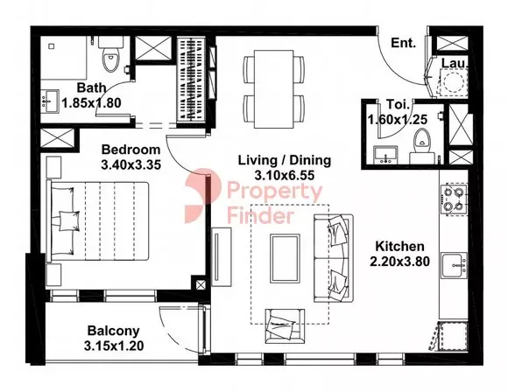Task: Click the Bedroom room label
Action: click(131, 150)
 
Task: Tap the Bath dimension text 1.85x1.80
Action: click(91, 103)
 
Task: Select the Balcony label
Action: click(113, 331)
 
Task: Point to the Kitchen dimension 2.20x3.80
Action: click(399, 262)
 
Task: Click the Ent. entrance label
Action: click(404, 43)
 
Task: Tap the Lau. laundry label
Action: click(455, 64)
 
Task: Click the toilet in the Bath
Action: click(111, 54)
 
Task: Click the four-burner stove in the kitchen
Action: click(454, 199)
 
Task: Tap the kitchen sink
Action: click(455, 266)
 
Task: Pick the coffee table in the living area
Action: click(285, 259)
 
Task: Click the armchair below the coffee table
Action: click(285, 326)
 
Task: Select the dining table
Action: click(274, 89)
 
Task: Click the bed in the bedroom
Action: click(98, 221)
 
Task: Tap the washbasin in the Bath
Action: click(51, 101)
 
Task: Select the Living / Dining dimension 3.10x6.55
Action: click(285, 176)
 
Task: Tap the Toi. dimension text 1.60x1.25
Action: click(398, 120)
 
